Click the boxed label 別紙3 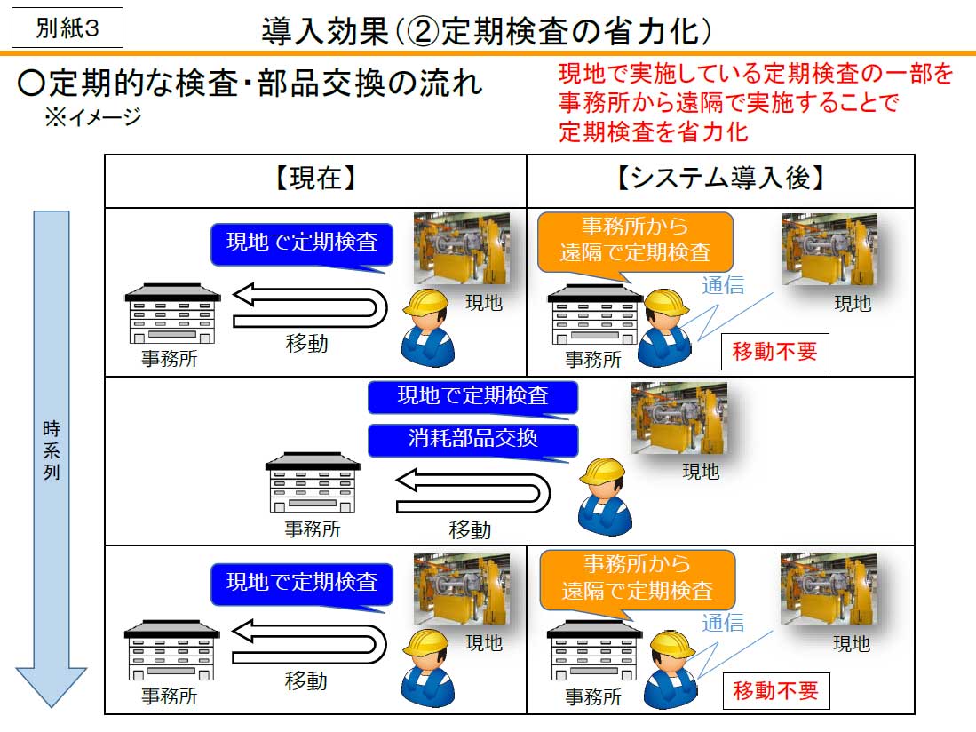[67, 28]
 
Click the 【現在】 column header [315, 180]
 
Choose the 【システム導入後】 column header [720, 180]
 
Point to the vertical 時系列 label [52, 450]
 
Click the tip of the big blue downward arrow [52, 706]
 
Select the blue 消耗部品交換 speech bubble [472, 439]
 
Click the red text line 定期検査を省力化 [654, 133]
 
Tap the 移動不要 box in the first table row [774, 351]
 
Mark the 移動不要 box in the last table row [775, 690]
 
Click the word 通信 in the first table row [723, 285]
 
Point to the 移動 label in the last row [306, 681]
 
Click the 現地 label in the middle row [700, 472]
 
